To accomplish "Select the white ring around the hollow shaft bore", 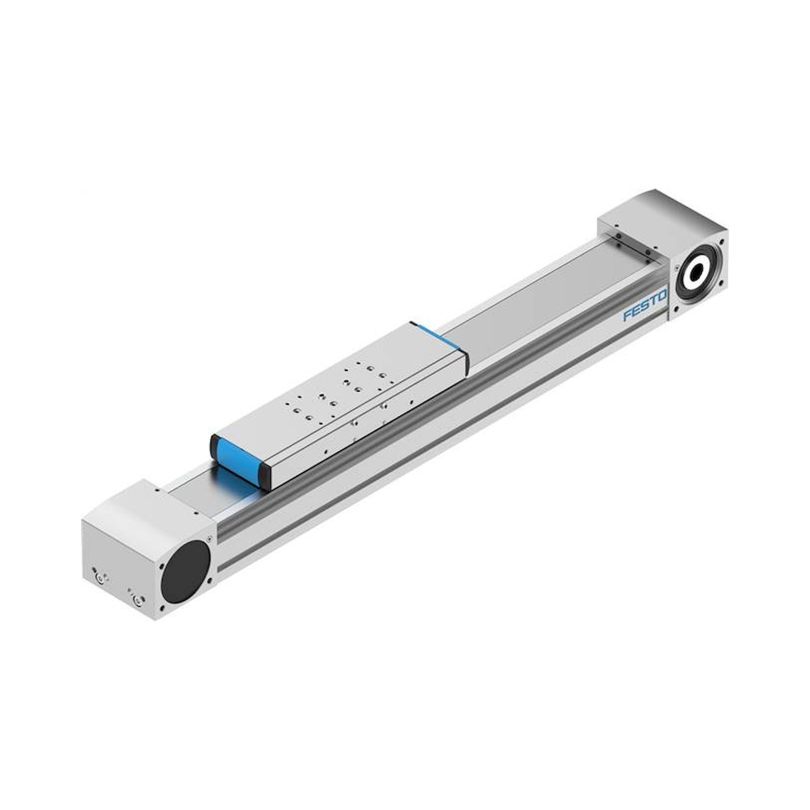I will tap(688, 286).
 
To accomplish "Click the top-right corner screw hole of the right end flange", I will tap(722, 241).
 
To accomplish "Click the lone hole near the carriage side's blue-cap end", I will tap(326, 452).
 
